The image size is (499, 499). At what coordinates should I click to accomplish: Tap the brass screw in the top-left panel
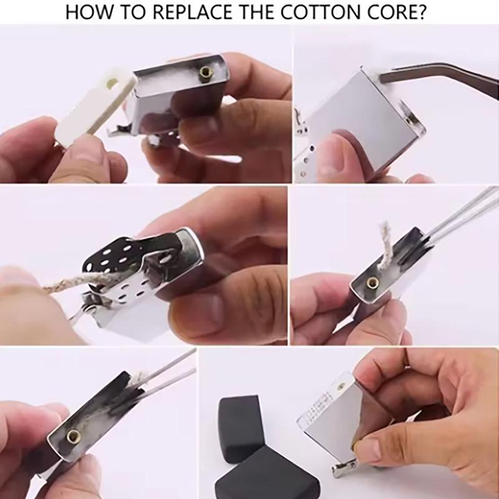click(x=205, y=73)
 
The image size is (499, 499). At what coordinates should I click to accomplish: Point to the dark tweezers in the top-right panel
click(x=437, y=81)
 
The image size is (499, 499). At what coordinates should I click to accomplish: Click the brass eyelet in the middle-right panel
click(x=372, y=282)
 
